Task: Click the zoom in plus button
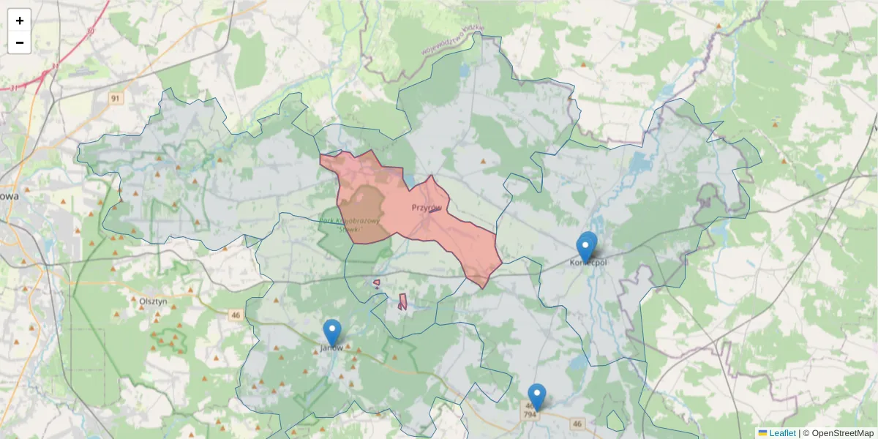tap(20, 20)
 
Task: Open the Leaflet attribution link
tap(782, 433)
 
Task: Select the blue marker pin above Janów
tap(332, 332)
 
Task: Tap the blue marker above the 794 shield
tap(537, 397)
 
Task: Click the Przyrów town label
tap(427, 208)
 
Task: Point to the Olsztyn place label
tap(154, 301)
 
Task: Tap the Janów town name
tap(332, 348)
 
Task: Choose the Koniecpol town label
tap(589, 262)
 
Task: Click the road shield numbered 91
tap(116, 97)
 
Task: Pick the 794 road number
tap(530, 415)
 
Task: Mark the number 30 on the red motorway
tap(89, 31)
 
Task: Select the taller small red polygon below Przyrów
tap(402, 301)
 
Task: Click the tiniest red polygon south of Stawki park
tap(376, 282)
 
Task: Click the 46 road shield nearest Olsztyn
tap(235, 315)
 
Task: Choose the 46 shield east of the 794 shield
tap(578, 424)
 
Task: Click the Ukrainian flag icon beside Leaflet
tap(763, 433)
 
